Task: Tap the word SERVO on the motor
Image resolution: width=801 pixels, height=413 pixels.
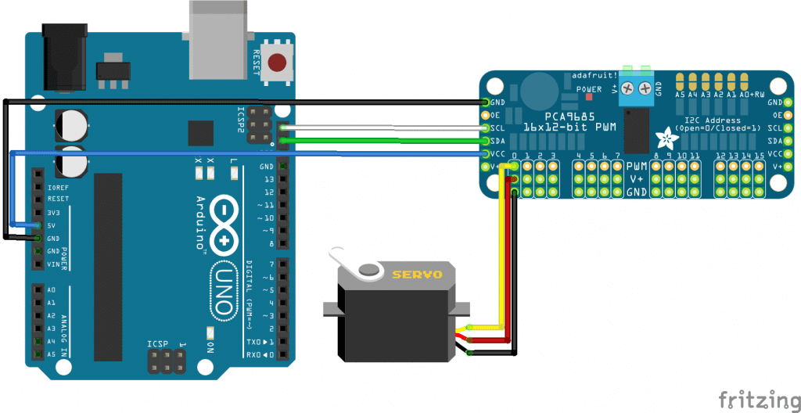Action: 417,275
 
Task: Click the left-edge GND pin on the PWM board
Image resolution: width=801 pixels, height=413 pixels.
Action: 487,102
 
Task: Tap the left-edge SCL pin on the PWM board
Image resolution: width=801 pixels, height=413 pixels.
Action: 487,127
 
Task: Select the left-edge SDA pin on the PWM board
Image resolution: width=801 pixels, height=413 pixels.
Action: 487,141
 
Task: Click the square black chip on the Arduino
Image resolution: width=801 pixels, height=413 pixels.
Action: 201,133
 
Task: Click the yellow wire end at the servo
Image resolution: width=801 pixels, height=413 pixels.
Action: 469,327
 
